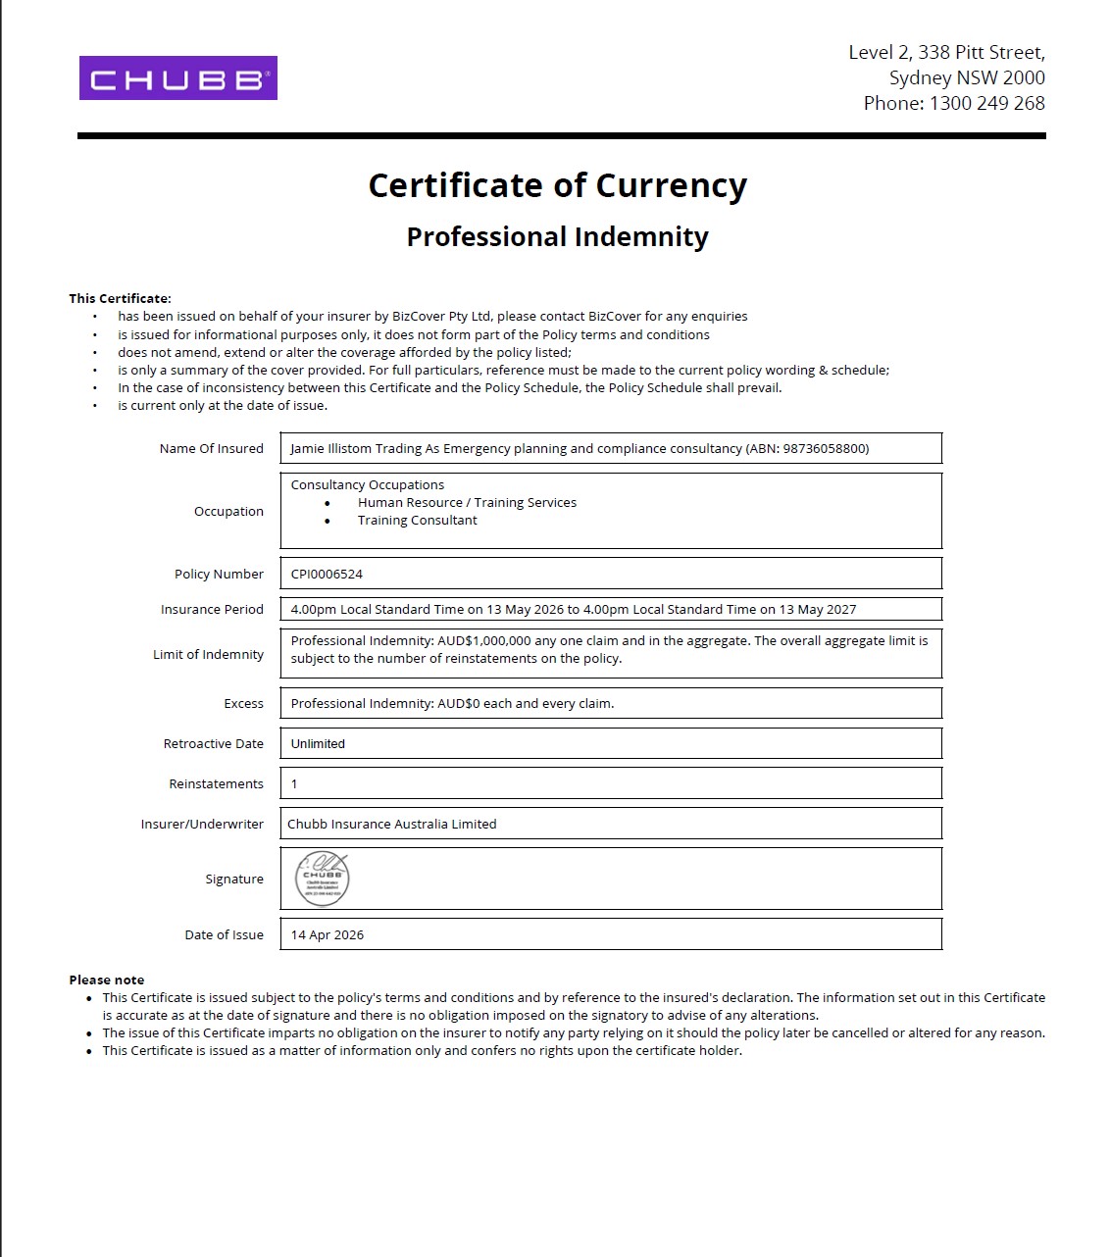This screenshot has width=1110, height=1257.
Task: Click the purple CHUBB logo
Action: coord(177,78)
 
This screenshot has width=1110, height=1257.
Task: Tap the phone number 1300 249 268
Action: coord(986,103)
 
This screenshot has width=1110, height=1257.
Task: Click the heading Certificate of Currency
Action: coord(557,185)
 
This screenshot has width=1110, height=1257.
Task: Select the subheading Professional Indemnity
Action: coord(557,237)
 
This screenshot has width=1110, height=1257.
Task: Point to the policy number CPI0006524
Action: coord(327,574)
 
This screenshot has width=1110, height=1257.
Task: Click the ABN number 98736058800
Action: coord(825,448)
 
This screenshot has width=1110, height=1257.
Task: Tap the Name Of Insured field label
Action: coord(211,448)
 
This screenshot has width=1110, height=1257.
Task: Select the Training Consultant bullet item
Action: coord(417,520)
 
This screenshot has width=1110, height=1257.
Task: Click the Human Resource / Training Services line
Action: coord(467,502)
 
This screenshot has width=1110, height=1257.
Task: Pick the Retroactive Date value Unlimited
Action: coord(318,743)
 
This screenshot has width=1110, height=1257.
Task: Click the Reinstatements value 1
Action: coord(294,783)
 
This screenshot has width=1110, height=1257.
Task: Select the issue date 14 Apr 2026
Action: coord(327,934)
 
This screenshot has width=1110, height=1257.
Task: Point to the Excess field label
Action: coord(243,703)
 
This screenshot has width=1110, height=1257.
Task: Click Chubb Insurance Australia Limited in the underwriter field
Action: coord(391,824)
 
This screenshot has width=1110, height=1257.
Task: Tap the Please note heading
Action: coord(106,980)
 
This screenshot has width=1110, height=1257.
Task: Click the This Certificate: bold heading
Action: coord(120,298)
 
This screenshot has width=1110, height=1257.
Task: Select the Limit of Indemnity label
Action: coord(208,654)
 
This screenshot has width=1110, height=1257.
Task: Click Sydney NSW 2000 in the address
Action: coord(966,77)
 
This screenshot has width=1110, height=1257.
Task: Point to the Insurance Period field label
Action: coord(212,609)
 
